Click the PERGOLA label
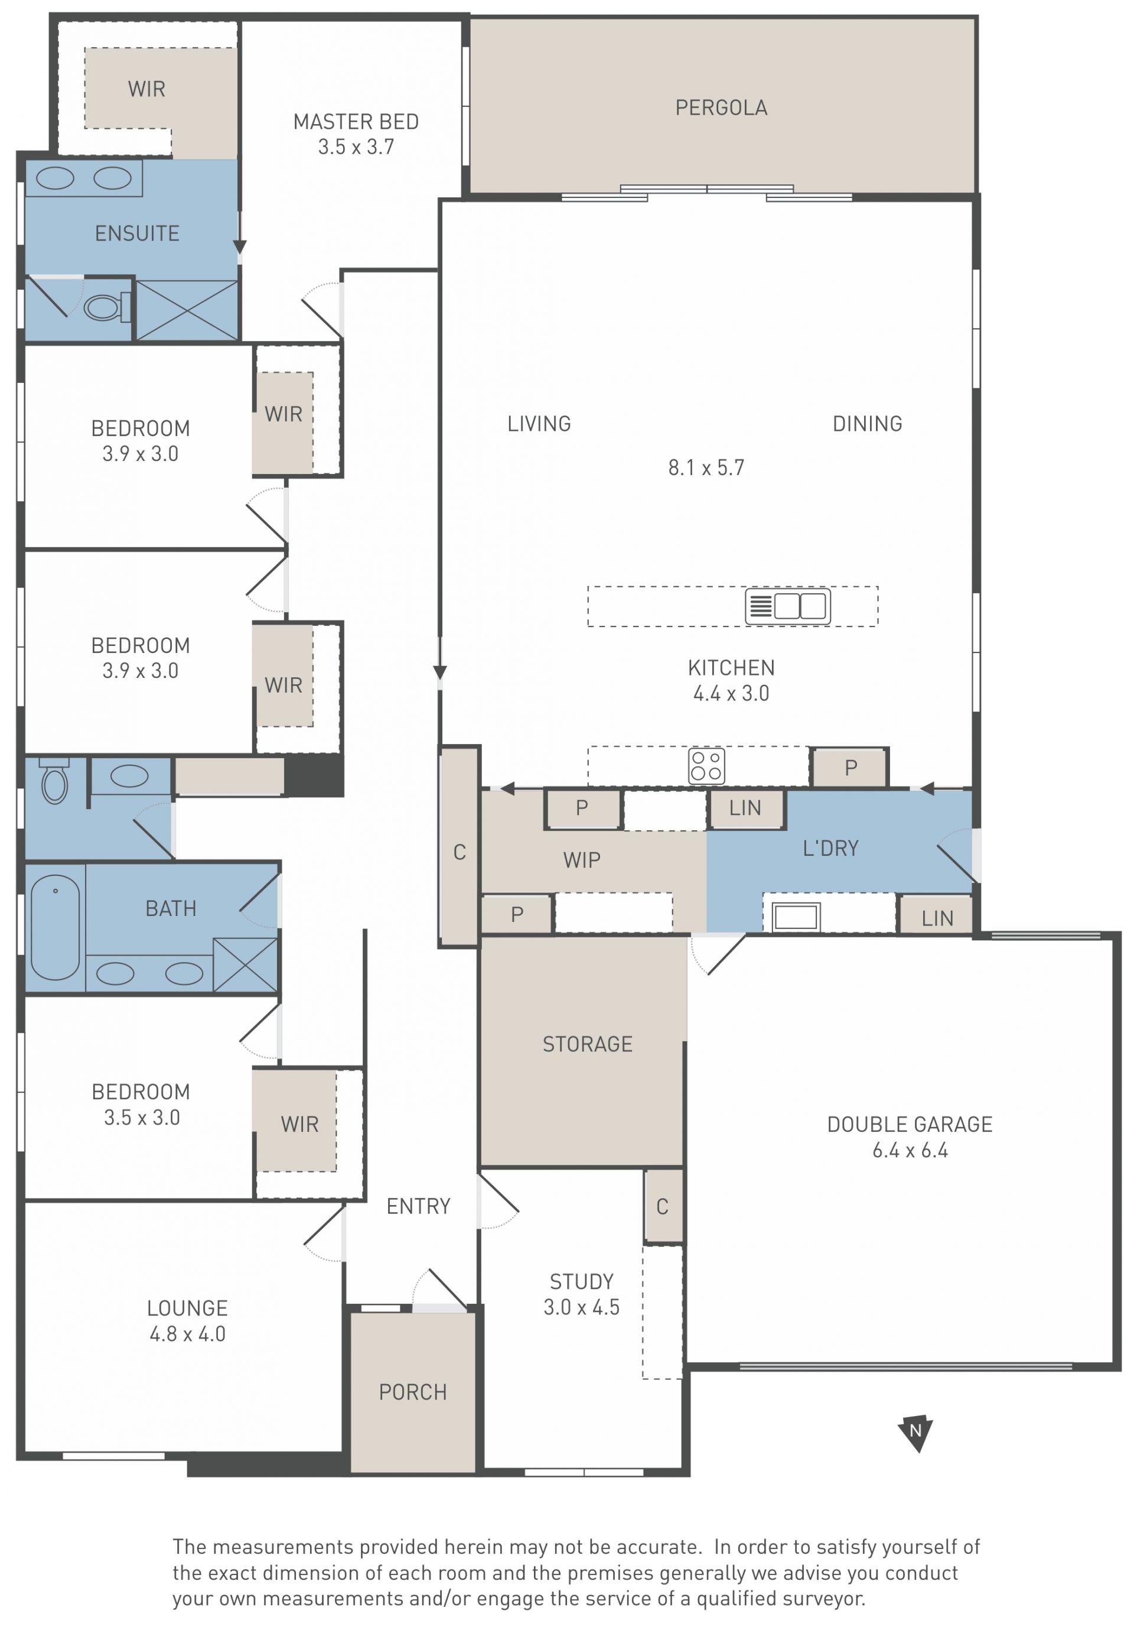(x=721, y=108)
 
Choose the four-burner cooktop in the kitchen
(x=706, y=765)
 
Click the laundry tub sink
(x=796, y=917)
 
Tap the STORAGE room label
(x=587, y=1044)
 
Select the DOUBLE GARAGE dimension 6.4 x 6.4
(x=910, y=1150)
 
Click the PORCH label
(x=413, y=1392)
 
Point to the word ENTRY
(x=418, y=1206)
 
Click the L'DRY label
(x=830, y=847)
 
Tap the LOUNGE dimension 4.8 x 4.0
(x=187, y=1334)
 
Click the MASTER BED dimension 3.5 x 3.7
(x=356, y=147)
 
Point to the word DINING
(x=867, y=424)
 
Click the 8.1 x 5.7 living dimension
(x=706, y=467)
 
